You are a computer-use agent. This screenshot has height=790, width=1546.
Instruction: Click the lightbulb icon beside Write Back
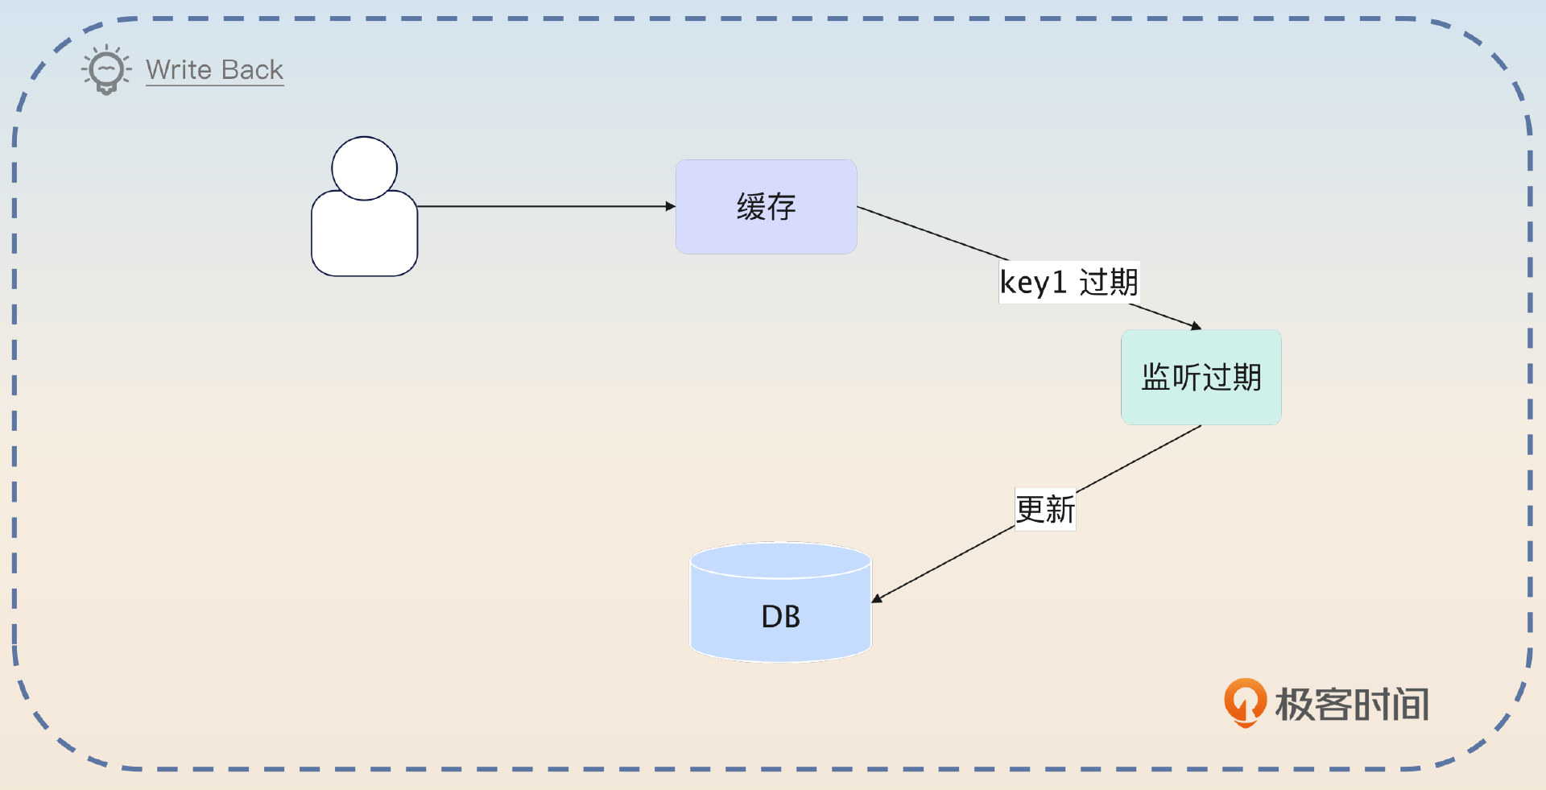point(106,70)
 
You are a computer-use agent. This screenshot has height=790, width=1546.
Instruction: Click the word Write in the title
point(179,70)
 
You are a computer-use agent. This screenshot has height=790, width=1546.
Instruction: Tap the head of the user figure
point(365,168)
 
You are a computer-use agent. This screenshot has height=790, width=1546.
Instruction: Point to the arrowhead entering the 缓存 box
point(671,207)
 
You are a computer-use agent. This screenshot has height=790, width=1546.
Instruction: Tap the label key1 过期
point(1069,283)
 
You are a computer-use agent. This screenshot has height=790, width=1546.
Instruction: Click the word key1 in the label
point(1033,283)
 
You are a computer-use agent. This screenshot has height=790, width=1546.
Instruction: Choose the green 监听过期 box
point(1201,403)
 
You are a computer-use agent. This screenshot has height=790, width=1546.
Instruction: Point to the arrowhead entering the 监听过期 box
point(1197,326)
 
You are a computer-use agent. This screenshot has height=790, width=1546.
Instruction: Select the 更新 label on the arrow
point(1045,510)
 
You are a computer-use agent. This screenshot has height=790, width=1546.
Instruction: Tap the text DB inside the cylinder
point(780,617)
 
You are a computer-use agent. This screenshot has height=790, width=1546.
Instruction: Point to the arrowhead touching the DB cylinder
point(877,599)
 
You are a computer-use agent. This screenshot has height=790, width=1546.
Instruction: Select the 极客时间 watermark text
point(1352,705)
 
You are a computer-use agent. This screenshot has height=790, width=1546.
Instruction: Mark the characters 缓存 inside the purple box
point(766,207)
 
